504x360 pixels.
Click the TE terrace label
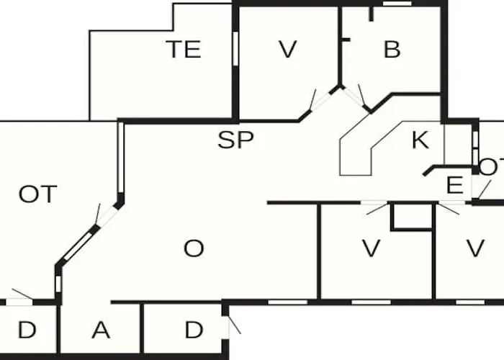[x=184, y=49]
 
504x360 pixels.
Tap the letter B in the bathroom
[x=392, y=49]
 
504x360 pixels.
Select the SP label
[x=235, y=140]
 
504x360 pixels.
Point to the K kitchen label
[x=420, y=140]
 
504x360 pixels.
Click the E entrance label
[x=455, y=185]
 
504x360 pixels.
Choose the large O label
[x=194, y=248]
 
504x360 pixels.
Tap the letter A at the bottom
[x=101, y=330]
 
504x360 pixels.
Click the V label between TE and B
[x=287, y=49]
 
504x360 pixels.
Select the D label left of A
[x=27, y=330]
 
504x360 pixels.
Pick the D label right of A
[x=194, y=330]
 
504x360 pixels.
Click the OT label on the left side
[x=38, y=194]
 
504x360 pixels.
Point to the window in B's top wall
[x=397, y=4]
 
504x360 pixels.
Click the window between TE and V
[x=235, y=48]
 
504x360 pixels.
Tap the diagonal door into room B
[x=354, y=98]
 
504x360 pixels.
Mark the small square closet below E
[x=411, y=217]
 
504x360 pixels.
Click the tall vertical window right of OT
[x=121, y=158]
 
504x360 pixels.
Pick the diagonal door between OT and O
[x=107, y=215]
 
